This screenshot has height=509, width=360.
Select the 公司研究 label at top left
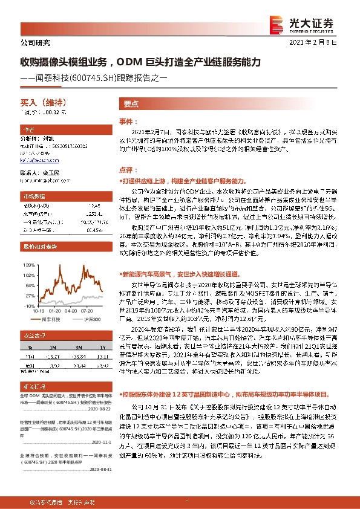[30, 44]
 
